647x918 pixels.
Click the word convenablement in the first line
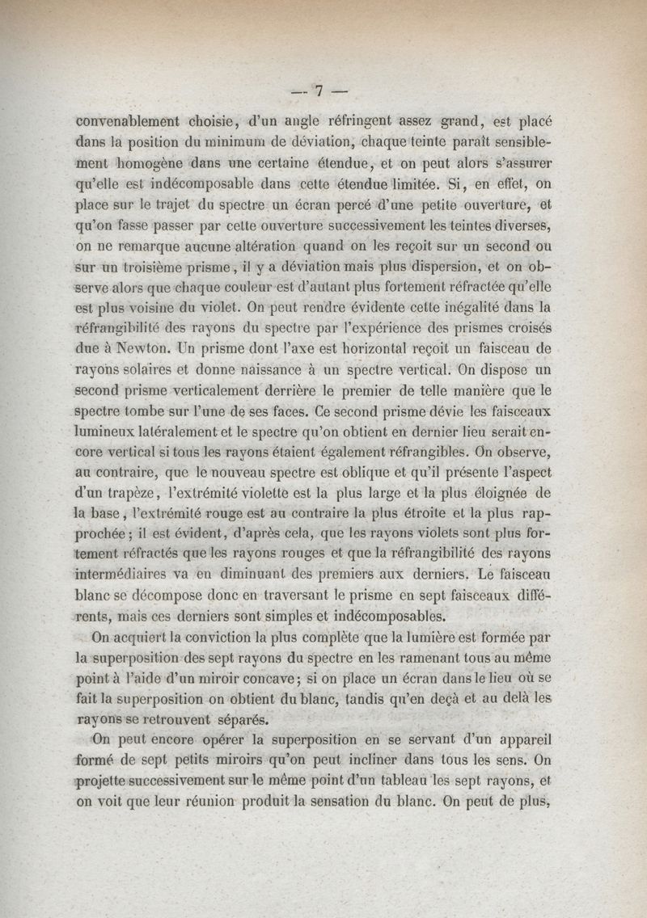tap(127, 123)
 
